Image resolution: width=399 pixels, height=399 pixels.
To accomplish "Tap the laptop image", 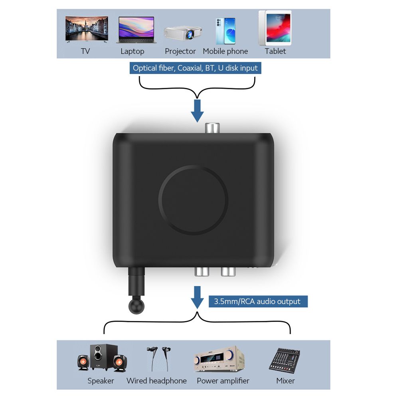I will (x=135, y=30).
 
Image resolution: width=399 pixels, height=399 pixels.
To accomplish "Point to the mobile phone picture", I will (x=225, y=31).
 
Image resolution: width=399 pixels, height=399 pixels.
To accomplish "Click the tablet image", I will (x=275, y=28).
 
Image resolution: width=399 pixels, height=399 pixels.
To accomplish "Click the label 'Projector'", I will (x=180, y=51).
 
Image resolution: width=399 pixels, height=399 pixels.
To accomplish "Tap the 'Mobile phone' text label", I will (x=225, y=51).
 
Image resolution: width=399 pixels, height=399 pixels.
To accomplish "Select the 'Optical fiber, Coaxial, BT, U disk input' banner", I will (x=195, y=68).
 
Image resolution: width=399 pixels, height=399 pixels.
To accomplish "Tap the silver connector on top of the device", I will (x=212, y=128).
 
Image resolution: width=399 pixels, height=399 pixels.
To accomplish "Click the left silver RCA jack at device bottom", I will (x=202, y=272).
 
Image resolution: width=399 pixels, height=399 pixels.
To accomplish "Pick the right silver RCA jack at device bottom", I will (x=229, y=272).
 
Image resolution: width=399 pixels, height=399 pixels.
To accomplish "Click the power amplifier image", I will (x=219, y=359).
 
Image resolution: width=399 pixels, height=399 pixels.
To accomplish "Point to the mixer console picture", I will (x=284, y=359).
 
